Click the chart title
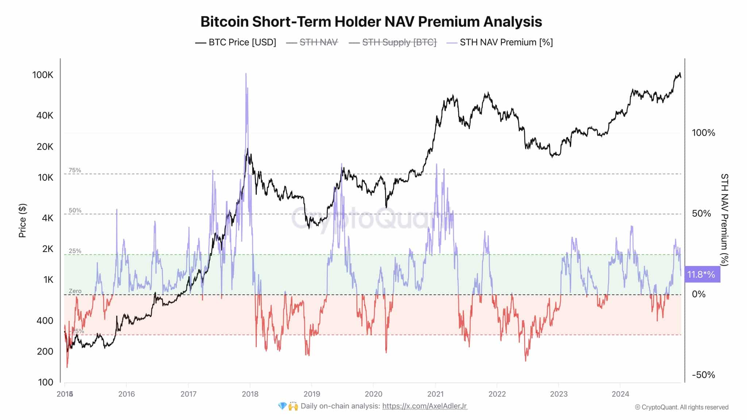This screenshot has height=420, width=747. [371, 22]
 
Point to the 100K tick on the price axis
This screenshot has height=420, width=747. [43, 75]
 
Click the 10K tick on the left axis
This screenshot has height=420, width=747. [45, 178]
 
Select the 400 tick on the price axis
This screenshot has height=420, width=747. [45, 321]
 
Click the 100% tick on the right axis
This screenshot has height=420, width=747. [703, 133]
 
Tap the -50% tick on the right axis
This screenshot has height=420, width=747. [703, 375]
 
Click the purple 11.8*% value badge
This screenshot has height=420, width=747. [701, 274]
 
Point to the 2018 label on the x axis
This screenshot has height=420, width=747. [250, 394]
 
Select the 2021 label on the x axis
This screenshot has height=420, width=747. [435, 394]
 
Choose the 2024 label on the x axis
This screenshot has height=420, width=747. [620, 394]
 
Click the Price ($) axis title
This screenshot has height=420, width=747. [23, 221]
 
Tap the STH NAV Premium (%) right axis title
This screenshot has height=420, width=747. [724, 219]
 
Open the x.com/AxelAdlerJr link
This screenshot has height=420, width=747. [425, 406]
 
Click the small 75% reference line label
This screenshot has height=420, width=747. [75, 170]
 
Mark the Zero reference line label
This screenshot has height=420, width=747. [75, 291]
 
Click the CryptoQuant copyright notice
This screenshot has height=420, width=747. [681, 407]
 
